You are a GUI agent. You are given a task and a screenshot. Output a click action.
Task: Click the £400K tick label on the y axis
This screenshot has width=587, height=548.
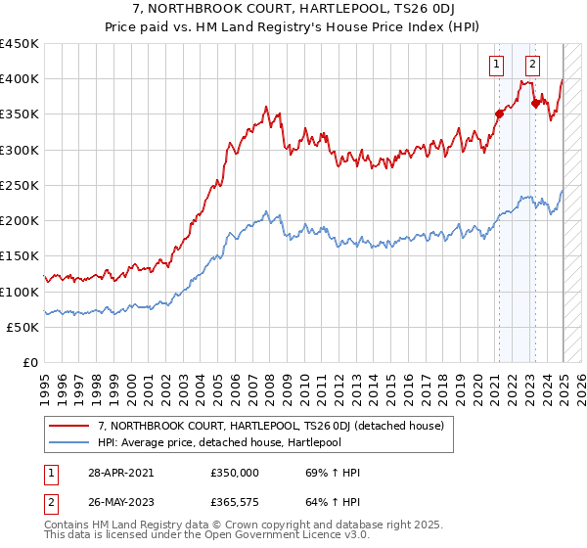tap(20, 79)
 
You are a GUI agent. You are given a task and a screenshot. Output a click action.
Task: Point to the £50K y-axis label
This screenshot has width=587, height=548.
tap(23, 327)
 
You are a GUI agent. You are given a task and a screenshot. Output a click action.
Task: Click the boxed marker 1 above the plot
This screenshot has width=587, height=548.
tap(497, 66)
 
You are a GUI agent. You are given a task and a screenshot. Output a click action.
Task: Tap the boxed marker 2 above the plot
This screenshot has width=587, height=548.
tap(532, 66)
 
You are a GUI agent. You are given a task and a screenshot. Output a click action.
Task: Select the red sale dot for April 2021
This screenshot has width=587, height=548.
tap(498, 114)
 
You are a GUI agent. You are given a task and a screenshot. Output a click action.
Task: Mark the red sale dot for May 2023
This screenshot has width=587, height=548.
tap(535, 103)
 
